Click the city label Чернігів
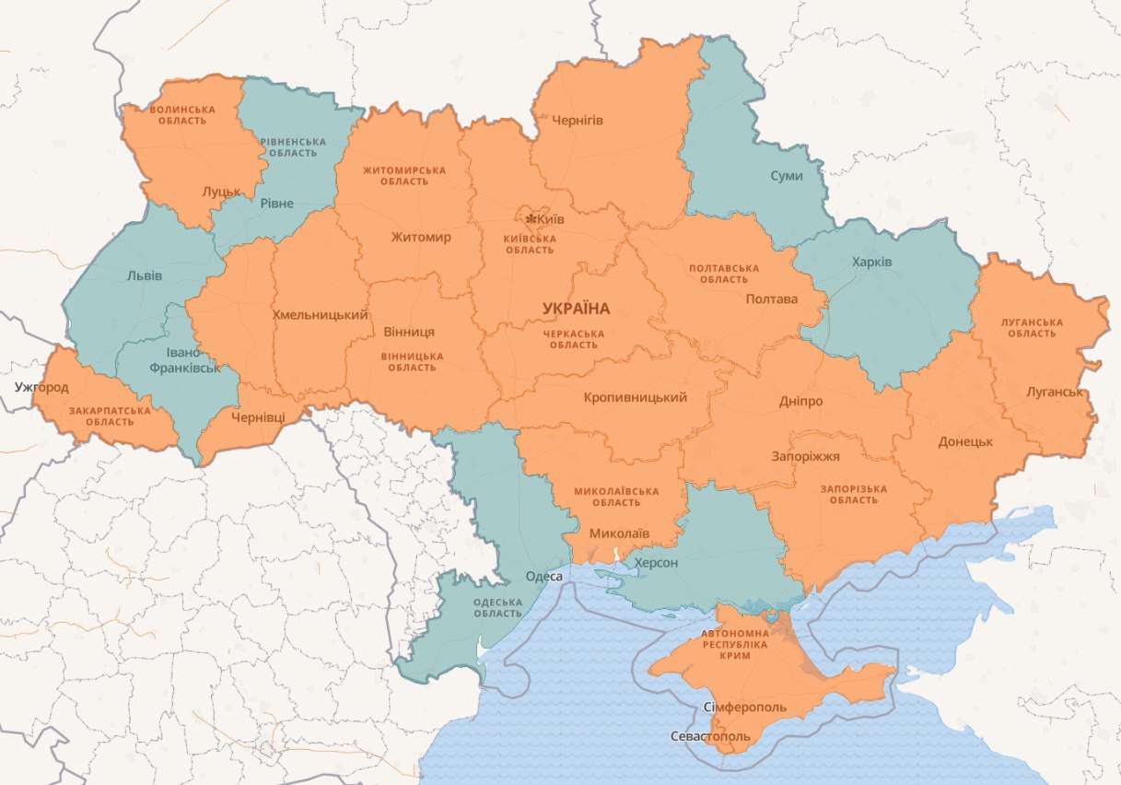point(578,120)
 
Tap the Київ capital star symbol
point(531,219)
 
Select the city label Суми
point(786,175)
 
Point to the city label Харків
point(871,262)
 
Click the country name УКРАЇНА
point(577,309)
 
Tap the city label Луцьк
point(221,192)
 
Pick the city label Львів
point(145,275)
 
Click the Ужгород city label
point(41,387)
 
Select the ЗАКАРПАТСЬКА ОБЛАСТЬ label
point(110,416)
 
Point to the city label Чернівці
point(258,417)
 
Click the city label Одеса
point(543,577)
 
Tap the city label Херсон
point(656,562)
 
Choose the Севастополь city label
point(710,738)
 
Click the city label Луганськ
point(1055,392)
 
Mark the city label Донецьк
point(965,441)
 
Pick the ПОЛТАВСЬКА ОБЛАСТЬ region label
point(724,274)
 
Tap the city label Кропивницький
point(636,398)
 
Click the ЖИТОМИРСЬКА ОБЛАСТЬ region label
point(404,175)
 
